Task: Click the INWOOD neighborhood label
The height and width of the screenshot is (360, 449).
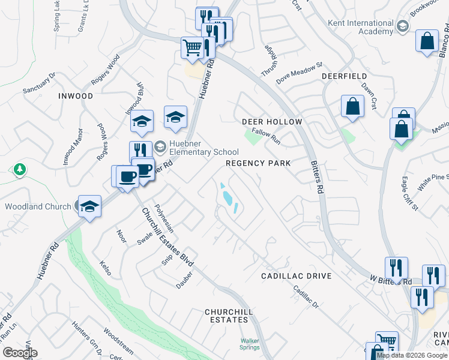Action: pos(76,96)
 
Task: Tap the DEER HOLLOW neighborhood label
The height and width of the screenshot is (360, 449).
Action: pos(271,122)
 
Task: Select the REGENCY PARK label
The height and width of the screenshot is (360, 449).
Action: pos(258,163)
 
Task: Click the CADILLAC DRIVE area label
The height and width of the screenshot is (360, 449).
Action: pos(297,276)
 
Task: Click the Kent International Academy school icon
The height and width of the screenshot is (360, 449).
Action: pos(402,26)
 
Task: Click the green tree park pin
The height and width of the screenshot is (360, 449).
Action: pos(20,170)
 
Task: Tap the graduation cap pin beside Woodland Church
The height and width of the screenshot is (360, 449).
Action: pos(89,206)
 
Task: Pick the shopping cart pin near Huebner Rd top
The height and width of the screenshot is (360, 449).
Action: pos(192,47)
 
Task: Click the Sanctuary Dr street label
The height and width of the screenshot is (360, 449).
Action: pos(39,83)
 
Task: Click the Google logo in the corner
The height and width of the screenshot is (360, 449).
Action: pos(20,353)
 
